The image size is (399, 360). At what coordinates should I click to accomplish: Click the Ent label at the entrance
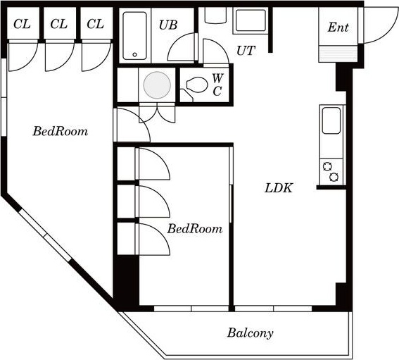click(x=338, y=27)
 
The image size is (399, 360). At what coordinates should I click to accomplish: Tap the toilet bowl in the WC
click(x=197, y=85)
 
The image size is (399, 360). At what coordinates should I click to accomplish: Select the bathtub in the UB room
click(x=135, y=35)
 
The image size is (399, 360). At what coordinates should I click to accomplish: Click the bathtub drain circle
click(x=135, y=54)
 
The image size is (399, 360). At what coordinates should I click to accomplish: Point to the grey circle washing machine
click(x=157, y=85)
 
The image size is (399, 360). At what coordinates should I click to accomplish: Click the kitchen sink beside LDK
click(x=331, y=120)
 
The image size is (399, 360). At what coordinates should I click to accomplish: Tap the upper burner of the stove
click(x=327, y=167)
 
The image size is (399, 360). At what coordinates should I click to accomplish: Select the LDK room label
click(x=279, y=188)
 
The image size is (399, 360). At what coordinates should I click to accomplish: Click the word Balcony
click(x=250, y=333)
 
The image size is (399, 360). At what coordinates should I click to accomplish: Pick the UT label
click(x=246, y=51)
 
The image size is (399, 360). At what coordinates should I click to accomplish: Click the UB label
click(x=168, y=25)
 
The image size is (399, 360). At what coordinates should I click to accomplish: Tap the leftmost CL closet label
click(x=22, y=24)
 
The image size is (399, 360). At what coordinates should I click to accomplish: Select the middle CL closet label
click(x=59, y=24)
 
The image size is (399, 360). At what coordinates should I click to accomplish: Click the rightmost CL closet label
click(x=96, y=24)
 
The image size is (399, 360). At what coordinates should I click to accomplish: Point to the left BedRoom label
click(x=61, y=131)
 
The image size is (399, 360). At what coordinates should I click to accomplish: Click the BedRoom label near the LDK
click(x=195, y=228)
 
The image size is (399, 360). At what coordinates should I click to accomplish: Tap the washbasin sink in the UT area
click(x=251, y=20)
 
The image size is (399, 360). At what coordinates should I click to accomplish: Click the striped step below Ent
click(x=338, y=54)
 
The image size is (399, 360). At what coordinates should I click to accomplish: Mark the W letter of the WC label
click(x=218, y=78)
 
